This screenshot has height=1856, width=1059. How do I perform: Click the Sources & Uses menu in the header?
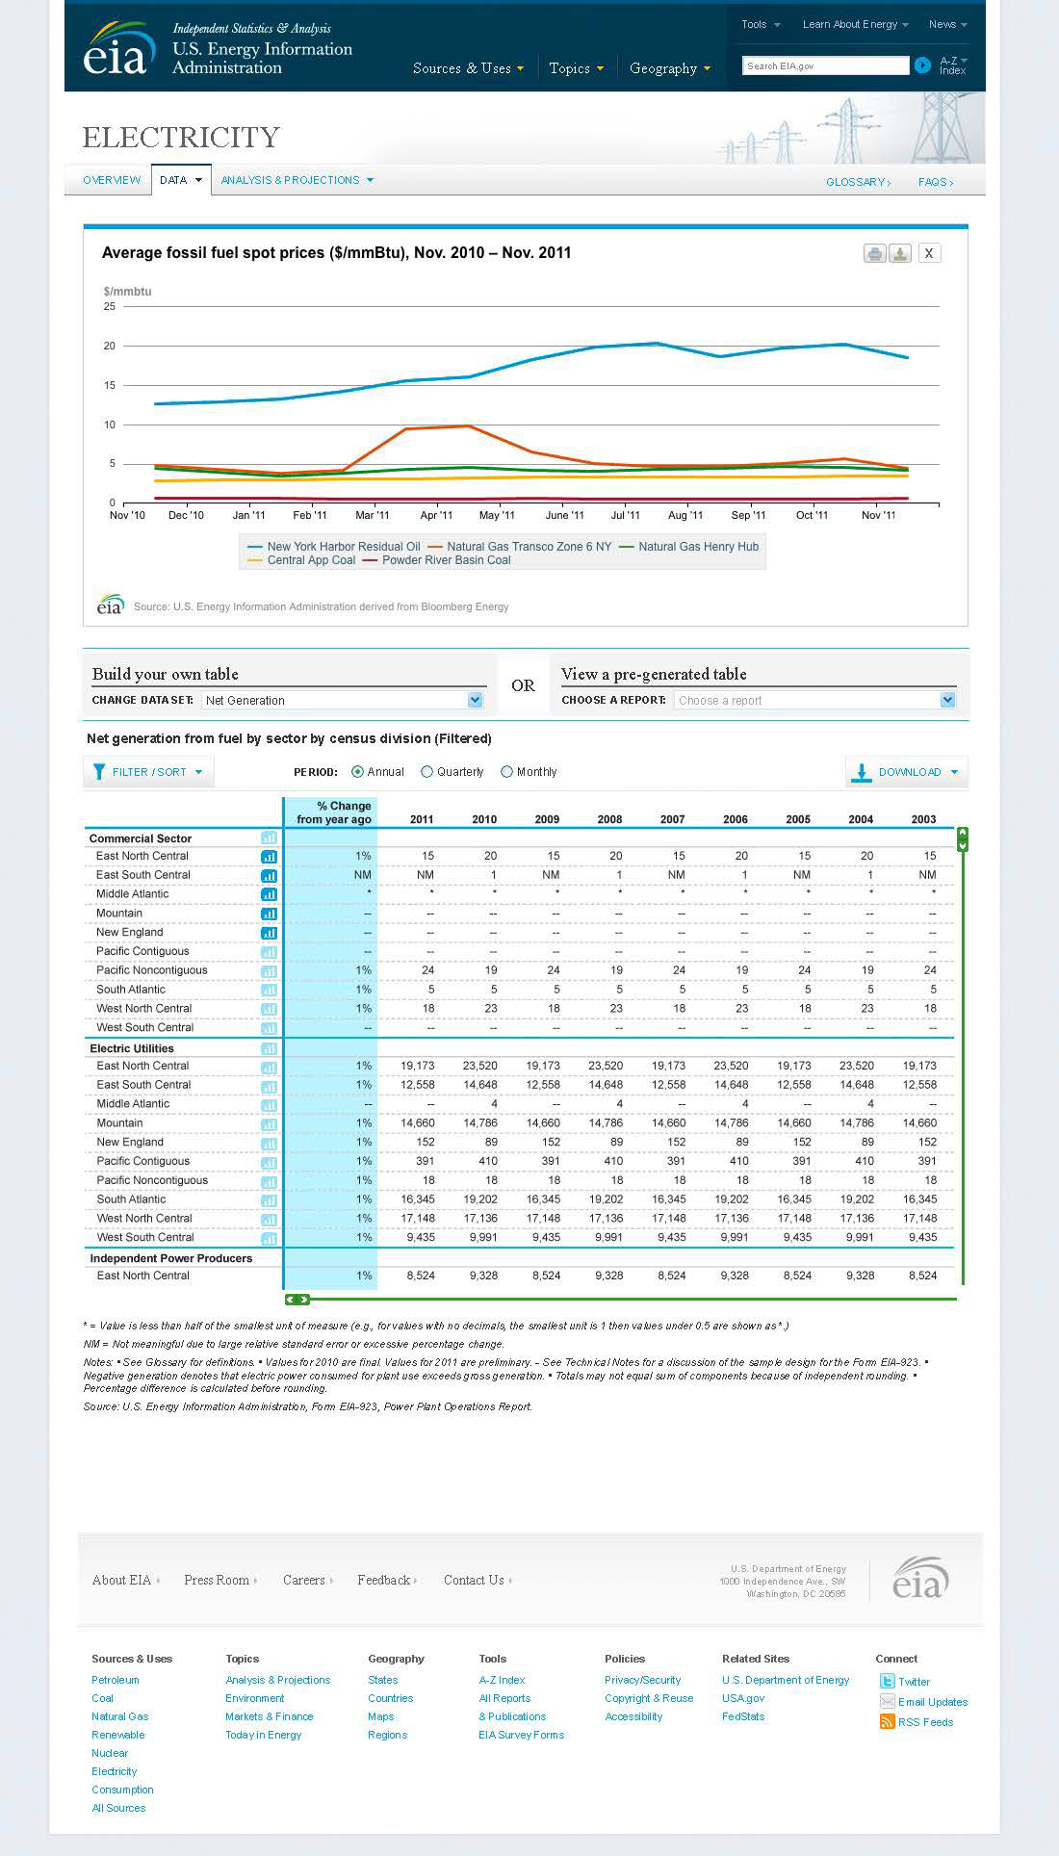(x=468, y=68)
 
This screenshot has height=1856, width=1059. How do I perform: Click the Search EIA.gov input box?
(x=825, y=65)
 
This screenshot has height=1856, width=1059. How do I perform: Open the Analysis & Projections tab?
(x=297, y=180)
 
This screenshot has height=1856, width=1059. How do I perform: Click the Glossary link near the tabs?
(x=858, y=182)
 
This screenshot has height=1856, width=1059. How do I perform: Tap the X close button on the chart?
(x=928, y=253)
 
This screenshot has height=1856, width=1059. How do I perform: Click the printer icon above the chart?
(x=874, y=254)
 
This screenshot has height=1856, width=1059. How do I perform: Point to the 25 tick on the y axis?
(x=110, y=306)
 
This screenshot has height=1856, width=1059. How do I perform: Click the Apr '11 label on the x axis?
(x=436, y=515)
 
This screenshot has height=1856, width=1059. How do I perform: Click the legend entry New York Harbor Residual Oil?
(x=334, y=547)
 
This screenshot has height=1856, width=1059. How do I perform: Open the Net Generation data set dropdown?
(x=342, y=700)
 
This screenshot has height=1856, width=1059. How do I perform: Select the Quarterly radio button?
(x=426, y=772)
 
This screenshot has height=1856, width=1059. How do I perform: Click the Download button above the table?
(x=906, y=772)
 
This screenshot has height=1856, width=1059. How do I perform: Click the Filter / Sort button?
(x=148, y=772)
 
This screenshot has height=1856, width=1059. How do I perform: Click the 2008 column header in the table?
(x=609, y=819)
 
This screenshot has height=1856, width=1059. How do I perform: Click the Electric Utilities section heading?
(x=132, y=1048)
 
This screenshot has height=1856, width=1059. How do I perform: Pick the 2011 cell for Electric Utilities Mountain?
(x=418, y=1122)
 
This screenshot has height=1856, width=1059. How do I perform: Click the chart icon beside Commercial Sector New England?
(x=269, y=933)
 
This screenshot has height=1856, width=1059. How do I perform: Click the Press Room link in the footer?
(x=217, y=1580)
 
